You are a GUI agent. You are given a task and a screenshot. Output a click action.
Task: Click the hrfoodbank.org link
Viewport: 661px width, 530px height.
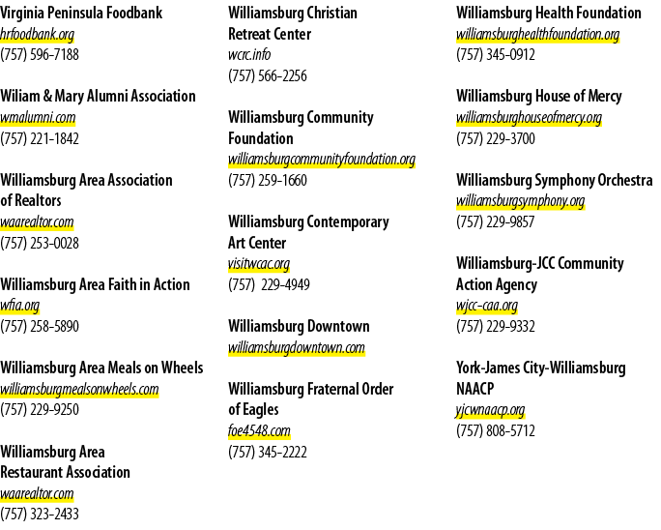(x=37, y=35)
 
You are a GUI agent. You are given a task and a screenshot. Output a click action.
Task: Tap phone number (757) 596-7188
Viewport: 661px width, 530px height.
(x=40, y=55)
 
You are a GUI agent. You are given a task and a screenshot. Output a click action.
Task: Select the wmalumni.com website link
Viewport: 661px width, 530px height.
(x=38, y=118)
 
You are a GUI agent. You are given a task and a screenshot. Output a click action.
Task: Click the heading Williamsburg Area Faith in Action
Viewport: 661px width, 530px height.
(x=95, y=284)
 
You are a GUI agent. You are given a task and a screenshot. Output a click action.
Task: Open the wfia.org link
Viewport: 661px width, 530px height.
(x=20, y=306)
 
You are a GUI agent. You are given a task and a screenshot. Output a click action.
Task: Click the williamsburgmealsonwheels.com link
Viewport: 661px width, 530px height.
(x=79, y=389)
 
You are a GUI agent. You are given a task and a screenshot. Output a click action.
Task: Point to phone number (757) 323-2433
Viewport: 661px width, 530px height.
(x=40, y=514)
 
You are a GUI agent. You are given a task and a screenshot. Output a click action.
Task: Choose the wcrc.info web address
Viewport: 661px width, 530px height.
(x=249, y=55)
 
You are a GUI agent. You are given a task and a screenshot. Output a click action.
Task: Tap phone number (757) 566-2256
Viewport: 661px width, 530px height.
(x=268, y=76)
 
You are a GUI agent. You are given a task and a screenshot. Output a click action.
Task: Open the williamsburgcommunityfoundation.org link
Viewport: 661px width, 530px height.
(x=322, y=160)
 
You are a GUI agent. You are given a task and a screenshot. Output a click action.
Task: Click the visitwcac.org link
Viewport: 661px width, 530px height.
(x=259, y=264)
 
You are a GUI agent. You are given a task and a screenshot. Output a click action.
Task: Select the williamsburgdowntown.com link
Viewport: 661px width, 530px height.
(x=297, y=348)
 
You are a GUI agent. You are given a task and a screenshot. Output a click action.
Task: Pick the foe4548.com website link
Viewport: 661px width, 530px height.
(x=259, y=431)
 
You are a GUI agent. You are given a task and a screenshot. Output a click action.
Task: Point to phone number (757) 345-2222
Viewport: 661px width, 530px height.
(x=268, y=453)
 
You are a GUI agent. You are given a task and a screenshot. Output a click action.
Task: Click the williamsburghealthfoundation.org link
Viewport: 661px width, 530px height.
(x=538, y=35)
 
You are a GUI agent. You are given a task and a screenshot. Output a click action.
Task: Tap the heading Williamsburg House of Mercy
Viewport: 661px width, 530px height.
(x=538, y=96)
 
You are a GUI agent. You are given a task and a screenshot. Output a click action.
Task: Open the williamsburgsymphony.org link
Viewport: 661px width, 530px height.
(x=521, y=201)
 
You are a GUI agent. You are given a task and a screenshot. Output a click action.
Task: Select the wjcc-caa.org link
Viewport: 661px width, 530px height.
(x=487, y=306)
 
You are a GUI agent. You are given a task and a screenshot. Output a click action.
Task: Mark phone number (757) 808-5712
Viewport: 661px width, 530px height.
(x=496, y=430)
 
